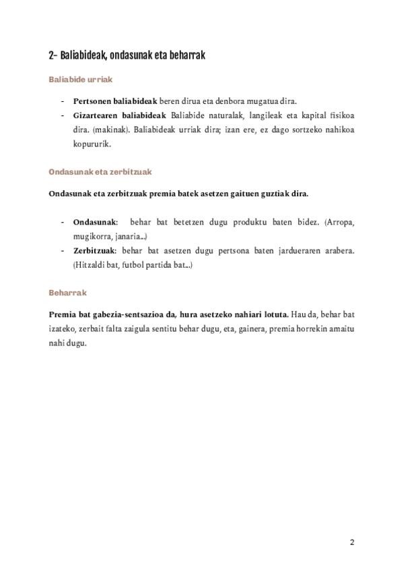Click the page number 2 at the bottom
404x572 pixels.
pyautogui.click(x=351, y=542)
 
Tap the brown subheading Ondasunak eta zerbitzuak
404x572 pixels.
pyautogui.click(x=100, y=172)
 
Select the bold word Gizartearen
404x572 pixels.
pyautogui.click(x=94, y=115)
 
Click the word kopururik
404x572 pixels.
pyautogui.click(x=92, y=144)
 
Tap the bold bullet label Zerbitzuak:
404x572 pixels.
pyautogui.click(x=96, y=251)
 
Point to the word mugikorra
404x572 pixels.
pyautogui.click(x=91, y=237)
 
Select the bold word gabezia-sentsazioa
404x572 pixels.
pyautogui.click(x=131, y=315)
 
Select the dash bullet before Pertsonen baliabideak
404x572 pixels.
pyautogui.click(x=63, y=101)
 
